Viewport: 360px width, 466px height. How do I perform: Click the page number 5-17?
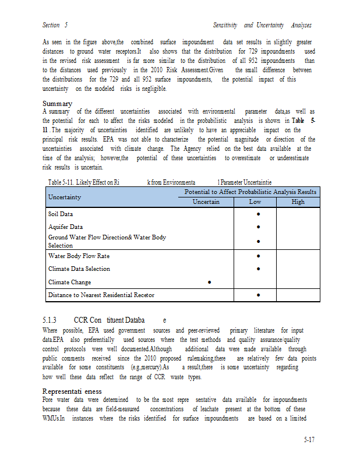(x=309, y=440)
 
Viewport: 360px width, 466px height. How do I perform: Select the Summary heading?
(x=57, y=104)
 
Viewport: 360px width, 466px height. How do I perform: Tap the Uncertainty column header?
(x=65, y=197)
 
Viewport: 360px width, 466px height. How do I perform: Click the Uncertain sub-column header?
(x=206, y=202)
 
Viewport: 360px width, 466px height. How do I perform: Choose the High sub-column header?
(x=298, y=202)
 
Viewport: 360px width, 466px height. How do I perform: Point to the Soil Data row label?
(x=61, y=214)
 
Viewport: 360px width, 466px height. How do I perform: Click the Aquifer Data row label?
(x=65, y=227)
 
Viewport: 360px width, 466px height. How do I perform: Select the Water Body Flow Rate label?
(x=79, y=256)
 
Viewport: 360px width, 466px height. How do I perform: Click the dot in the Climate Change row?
(x=209, y=283)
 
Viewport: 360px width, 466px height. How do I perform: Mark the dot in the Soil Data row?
(x=257, y=214)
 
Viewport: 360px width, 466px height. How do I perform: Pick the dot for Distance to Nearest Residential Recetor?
(x=257, y=295)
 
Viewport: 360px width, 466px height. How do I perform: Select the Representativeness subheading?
(x=72, y=391)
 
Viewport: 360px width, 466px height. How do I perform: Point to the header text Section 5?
(x=55, y=26)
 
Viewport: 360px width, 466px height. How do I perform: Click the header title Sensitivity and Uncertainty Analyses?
(x=262, y=26)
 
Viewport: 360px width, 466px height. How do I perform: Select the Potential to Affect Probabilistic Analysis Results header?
(x=250, y=192)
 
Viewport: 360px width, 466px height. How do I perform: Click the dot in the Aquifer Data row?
(x=257, y=227)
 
